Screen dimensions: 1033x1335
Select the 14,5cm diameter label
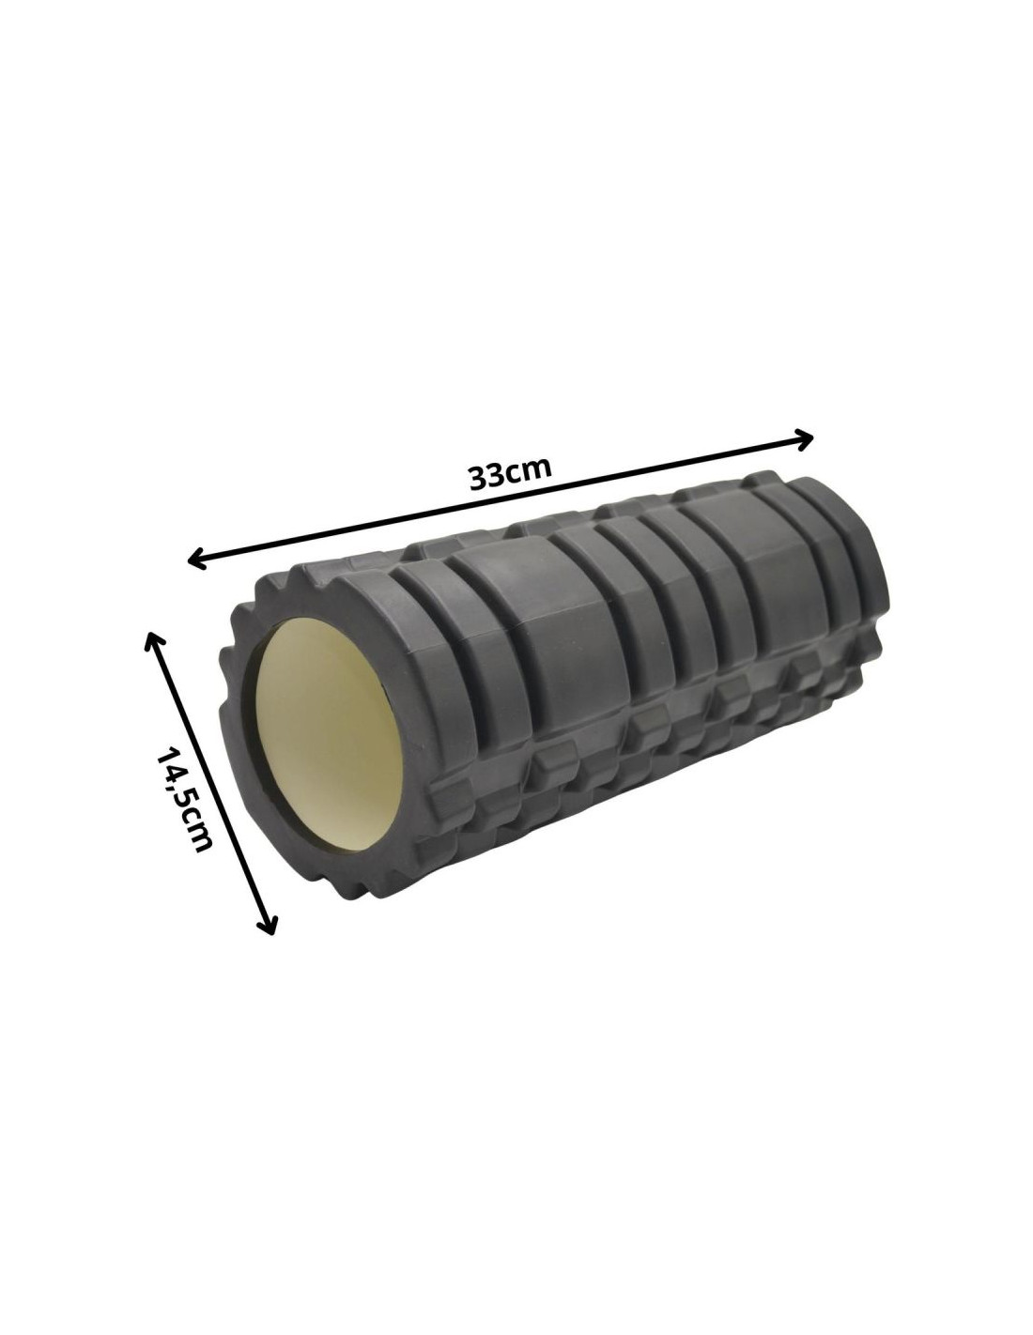(184, 799)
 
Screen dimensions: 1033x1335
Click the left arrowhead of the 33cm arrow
(196, 559)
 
